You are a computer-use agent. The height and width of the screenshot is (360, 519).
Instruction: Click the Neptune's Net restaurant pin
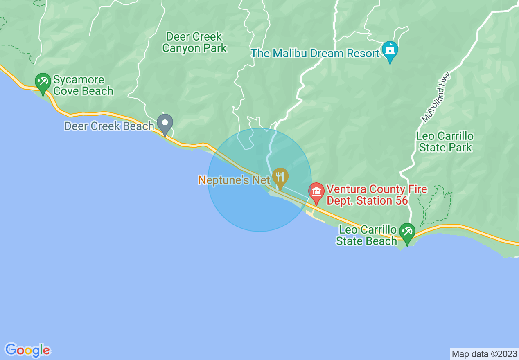pos(280,177)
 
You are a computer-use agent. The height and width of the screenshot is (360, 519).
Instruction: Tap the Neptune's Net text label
pos(234,180)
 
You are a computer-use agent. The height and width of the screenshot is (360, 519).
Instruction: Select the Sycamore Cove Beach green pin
pos(43,82)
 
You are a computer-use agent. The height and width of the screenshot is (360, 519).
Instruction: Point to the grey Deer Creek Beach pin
pos(165,123)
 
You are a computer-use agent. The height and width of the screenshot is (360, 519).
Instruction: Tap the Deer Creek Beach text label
pos(109,126)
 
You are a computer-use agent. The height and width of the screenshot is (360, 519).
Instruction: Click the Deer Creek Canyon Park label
pos(194,42)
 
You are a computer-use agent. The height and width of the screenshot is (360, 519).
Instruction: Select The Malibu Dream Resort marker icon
pos(390,50)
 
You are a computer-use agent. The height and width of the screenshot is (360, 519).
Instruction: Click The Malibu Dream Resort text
pos(315,54)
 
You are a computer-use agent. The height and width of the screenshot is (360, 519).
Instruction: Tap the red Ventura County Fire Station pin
pos(316,192)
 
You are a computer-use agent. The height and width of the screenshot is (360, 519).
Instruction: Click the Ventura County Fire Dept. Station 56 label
pos(377,195)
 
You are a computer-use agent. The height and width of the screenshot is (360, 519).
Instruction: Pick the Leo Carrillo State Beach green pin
pos(407,232)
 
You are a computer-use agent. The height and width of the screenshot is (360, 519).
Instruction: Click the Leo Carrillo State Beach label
pos(367,236)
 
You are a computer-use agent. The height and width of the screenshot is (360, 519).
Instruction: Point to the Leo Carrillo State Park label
pos(445,142)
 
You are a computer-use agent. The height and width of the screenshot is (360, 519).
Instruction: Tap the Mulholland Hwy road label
pos(436,97)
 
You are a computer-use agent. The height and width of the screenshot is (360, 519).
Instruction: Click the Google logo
pos(28,350)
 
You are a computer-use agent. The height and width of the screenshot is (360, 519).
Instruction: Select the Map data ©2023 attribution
pos(484,353)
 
